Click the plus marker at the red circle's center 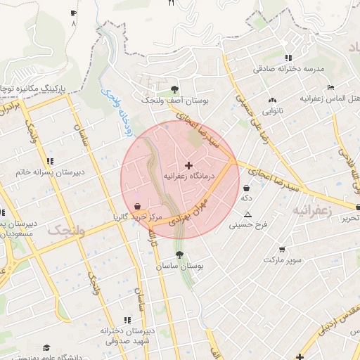tap(188, 165)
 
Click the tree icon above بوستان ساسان tap(179, 255)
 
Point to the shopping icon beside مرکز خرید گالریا tap(137, 206)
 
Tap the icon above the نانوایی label tap(272, 100)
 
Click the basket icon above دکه tap(246, 188)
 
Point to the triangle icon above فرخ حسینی tap(247, 214)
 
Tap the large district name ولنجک tap(67, 230)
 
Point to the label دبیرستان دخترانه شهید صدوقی tap(112, 336)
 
